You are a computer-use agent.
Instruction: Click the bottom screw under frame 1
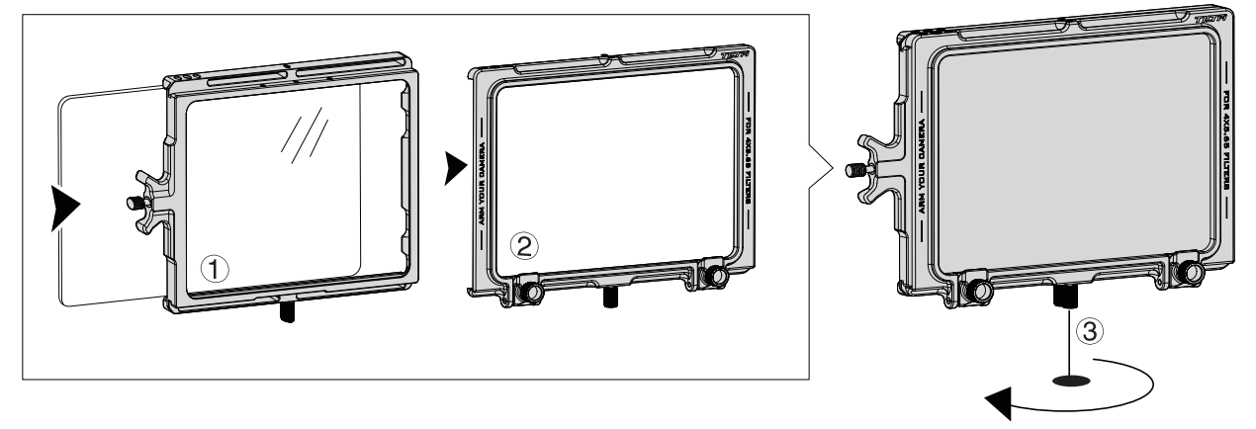tap(287, 313)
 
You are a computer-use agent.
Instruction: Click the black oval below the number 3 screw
tap(1068, 380)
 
